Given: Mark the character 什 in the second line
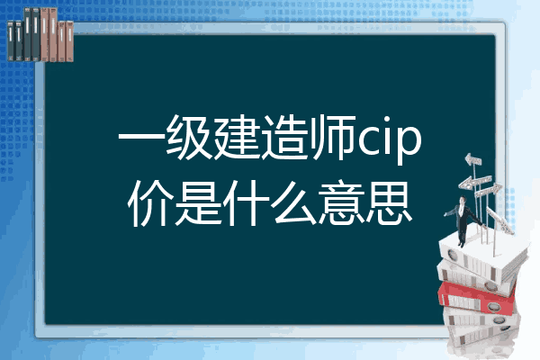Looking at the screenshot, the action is (x=246, y=203).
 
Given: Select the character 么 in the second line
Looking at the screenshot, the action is (x=293, y=203).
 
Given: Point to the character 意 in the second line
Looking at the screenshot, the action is (x=341, y=203).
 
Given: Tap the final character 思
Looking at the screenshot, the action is (x=389, y=203).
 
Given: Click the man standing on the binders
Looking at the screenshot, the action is (x=463, y=220).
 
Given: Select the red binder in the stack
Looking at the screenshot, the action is (x=477, y=297).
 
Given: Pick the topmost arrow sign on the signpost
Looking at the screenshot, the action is (x=472, y=159).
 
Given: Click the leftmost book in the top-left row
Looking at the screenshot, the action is (x=11, y=41).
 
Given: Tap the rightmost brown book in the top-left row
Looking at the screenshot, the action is (x=69, y=41).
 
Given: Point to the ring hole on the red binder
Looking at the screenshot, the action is (x=493, y=307).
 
